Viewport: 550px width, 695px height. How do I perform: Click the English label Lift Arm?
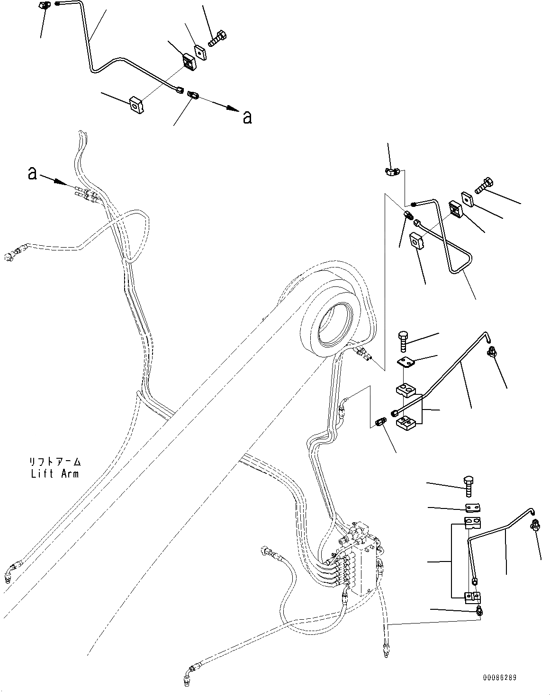tap(54, 473)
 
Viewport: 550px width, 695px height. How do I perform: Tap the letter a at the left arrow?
tap(32, 173)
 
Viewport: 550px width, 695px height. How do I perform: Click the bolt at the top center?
tap(217, 38)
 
